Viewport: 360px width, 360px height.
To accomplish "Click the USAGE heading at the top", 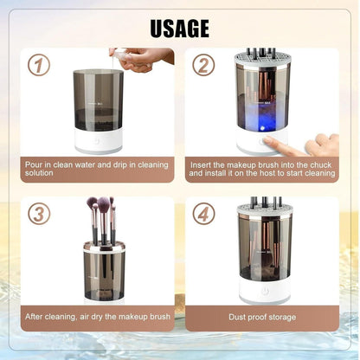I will (180, 28).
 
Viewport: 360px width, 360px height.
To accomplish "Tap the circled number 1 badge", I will (37, 66).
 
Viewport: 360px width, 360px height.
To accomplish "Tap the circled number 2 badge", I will (202, 66).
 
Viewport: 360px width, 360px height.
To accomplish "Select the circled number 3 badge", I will (38, 214).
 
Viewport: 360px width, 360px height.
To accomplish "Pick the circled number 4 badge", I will (202, 214).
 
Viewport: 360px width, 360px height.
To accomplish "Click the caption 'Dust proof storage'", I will (264, 317).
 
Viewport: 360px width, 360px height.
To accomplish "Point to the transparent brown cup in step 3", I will (104, 270).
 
